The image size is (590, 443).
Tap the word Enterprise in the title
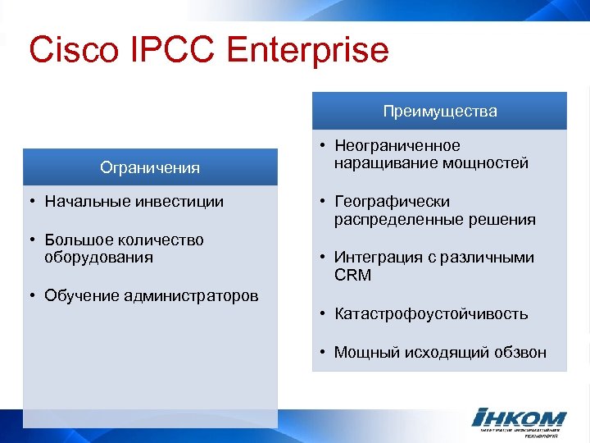(307, 50)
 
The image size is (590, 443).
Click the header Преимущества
(439, 111)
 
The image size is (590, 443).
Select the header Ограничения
(150, 167)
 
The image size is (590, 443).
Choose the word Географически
(392, 201)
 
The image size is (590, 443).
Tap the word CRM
(352, 276)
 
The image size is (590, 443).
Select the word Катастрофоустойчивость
(430, 313)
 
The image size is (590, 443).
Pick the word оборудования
(99, 258)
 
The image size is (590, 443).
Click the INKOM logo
(520, 419)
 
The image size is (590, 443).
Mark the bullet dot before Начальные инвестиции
(29, 202)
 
